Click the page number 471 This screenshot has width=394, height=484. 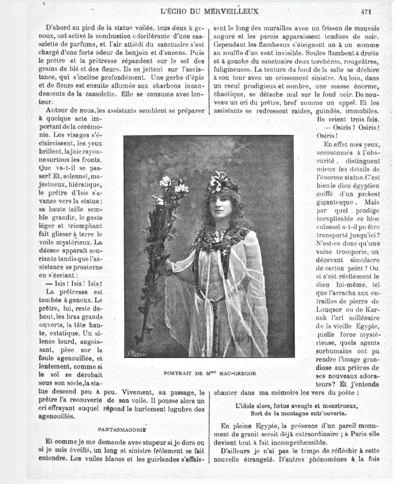tap(366, 11)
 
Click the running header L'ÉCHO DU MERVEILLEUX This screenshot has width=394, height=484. tap(210, 11)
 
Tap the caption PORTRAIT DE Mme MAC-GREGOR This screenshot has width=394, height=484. tap(210, 373)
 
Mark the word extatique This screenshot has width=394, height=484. tap(60, 333)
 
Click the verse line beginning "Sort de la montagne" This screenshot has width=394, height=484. tap(298, 413)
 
